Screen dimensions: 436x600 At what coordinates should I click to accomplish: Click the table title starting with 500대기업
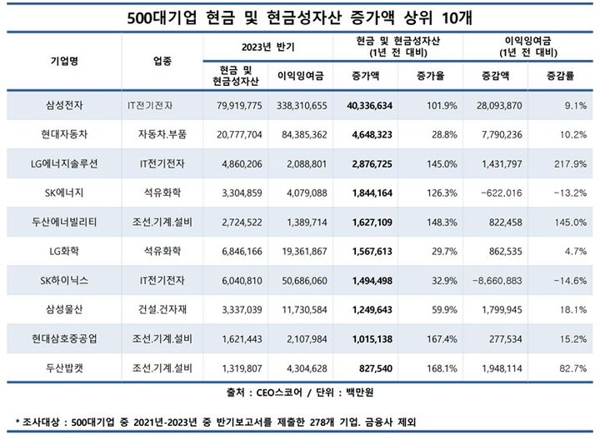[x=299, y=16]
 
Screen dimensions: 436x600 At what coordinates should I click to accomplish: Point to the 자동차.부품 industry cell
[x=163, y=134]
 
